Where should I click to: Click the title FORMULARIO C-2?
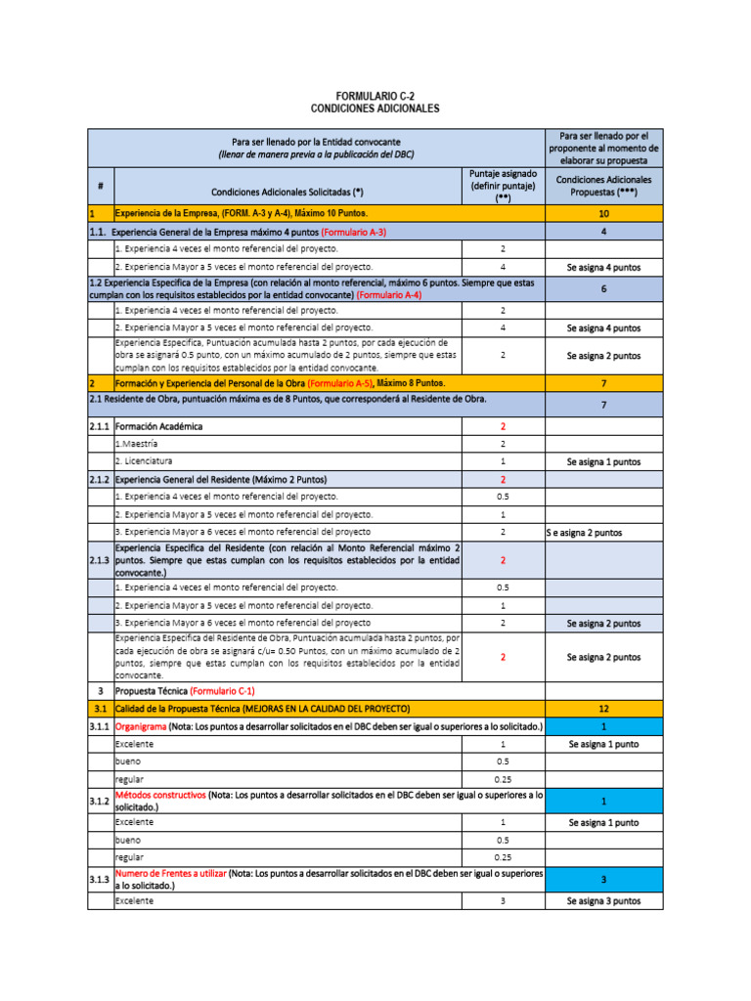point(375,95)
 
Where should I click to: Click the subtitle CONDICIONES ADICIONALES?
point(375,109)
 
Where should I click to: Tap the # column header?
point(101,186)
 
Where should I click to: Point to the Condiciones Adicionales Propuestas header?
point(603,186)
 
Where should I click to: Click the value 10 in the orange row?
point(603,213)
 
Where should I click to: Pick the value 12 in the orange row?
point(603,707)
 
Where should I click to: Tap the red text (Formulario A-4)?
point(389,294)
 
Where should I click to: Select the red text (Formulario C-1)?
point(222,691)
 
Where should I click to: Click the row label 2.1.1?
point(100,427)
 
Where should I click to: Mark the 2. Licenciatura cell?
point(144,460)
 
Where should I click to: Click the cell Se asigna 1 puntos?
point(603,461)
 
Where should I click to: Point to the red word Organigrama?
point(141,726)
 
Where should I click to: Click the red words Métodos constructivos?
point(160,796)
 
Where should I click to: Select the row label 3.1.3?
point(100,879)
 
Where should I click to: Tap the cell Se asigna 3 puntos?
point(603,900)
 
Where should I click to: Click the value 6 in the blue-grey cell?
point(603,288)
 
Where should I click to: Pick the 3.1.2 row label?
point(100,802)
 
